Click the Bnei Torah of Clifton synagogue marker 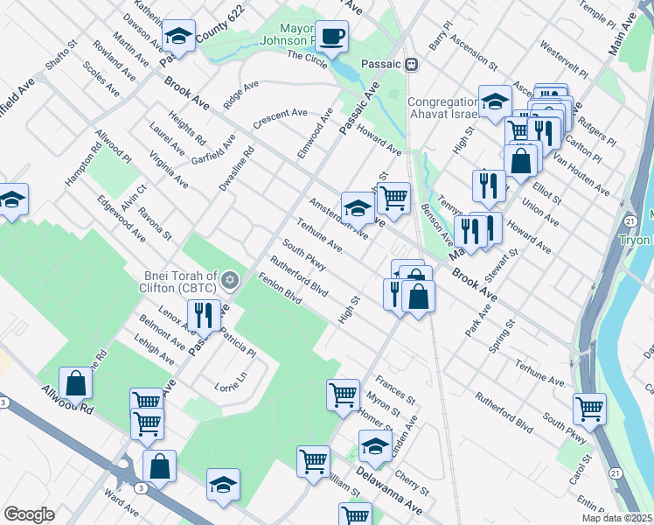tap(230, 280)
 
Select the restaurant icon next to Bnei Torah tap(204, 314)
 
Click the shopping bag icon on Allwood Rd tap(76, 383)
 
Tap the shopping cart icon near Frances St tap(343, 394)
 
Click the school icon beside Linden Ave tap(375, 447)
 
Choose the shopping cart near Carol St tap(589, 408)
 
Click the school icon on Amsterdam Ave tap(358, 208)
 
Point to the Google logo tap(29, 514)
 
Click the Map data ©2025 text tap(616, 518)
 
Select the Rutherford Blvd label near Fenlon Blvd tap(298, 276)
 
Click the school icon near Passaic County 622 tap(178, 37)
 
